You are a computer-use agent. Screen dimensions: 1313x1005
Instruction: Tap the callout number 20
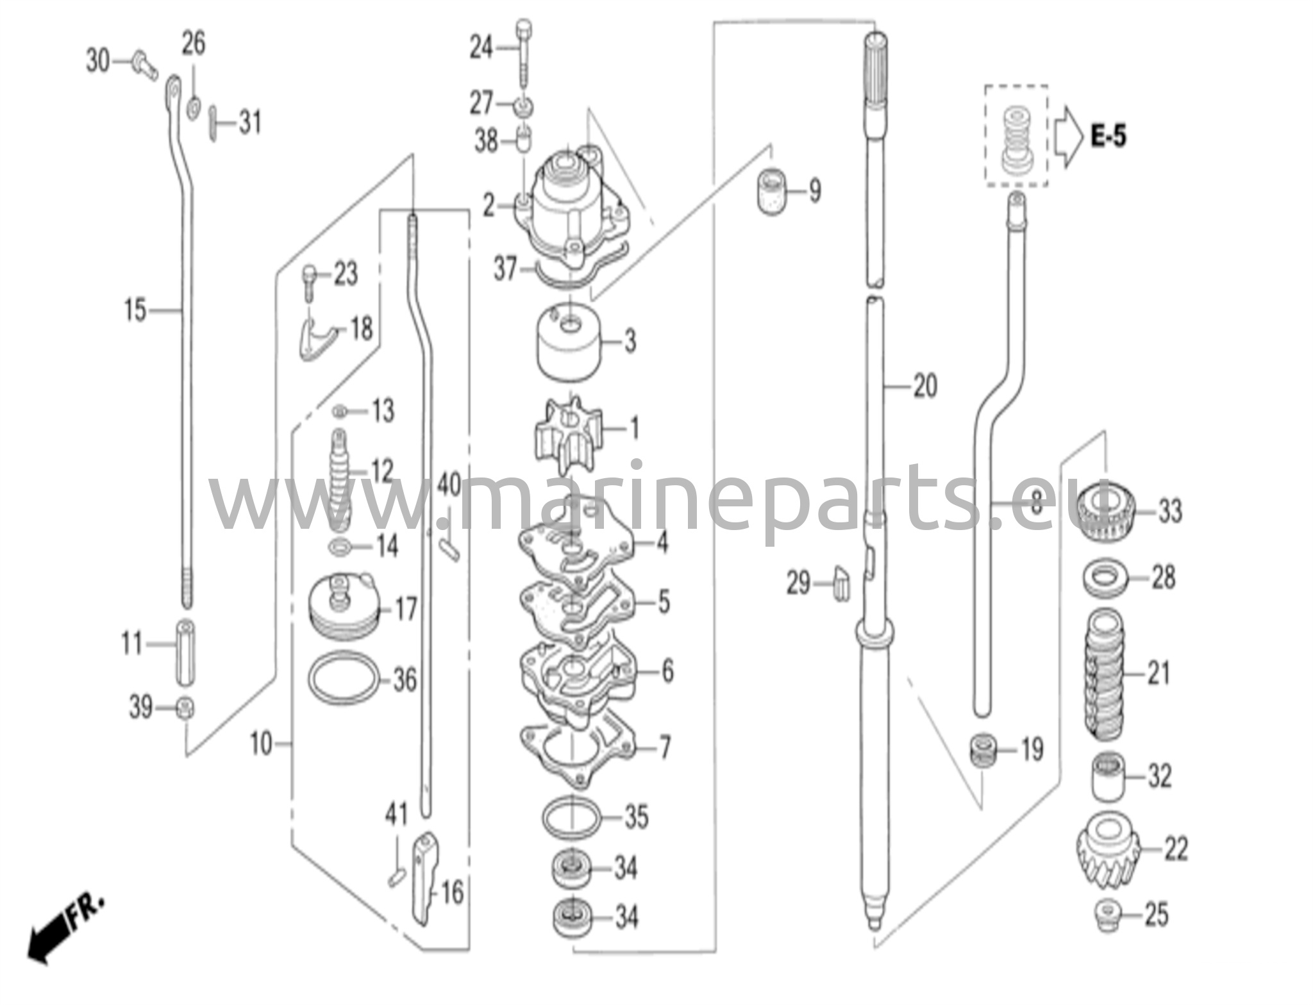click(x=924, y=386)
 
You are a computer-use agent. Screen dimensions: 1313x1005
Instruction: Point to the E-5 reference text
click(x=1108, y=136)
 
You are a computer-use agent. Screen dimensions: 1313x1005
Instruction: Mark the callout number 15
click(x=135, y=311)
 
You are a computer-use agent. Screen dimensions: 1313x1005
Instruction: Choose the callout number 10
click(x=261, y=744)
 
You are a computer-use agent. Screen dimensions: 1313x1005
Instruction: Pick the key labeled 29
click(x=842, y=583)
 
